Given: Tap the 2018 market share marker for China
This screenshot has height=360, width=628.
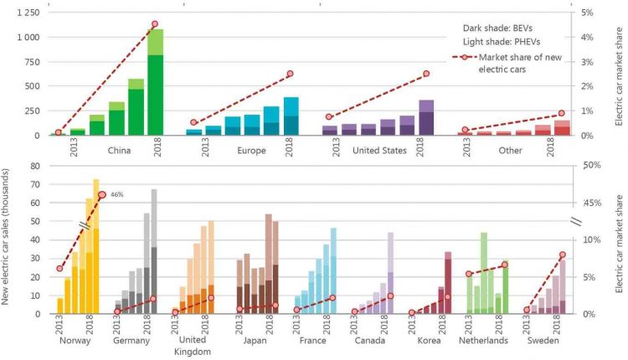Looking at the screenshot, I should tap(155, 24).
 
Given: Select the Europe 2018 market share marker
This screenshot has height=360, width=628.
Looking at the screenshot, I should tap(291, 74).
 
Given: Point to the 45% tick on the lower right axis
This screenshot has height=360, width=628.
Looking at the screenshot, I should tap(589, 202).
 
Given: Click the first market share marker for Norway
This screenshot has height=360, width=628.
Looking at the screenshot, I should tap(59, 269).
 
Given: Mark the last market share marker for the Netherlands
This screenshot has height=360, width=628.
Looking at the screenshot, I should tap(504, 265).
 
